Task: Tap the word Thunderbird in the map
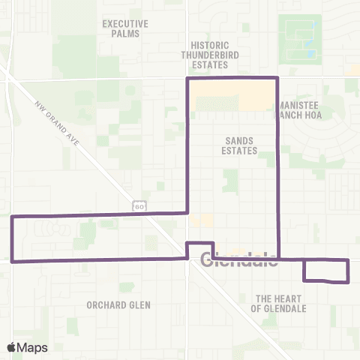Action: click(208, 55)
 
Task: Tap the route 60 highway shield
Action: click(139, 205)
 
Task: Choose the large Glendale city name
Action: click(239, 262)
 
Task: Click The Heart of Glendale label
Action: click(279, 303)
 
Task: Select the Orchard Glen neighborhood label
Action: click(118, 305)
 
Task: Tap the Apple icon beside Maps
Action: click(13, 346)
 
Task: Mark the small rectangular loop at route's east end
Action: click(326, 271)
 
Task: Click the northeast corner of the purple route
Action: click(278, 78)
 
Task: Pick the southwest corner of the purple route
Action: click(13, 262)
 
